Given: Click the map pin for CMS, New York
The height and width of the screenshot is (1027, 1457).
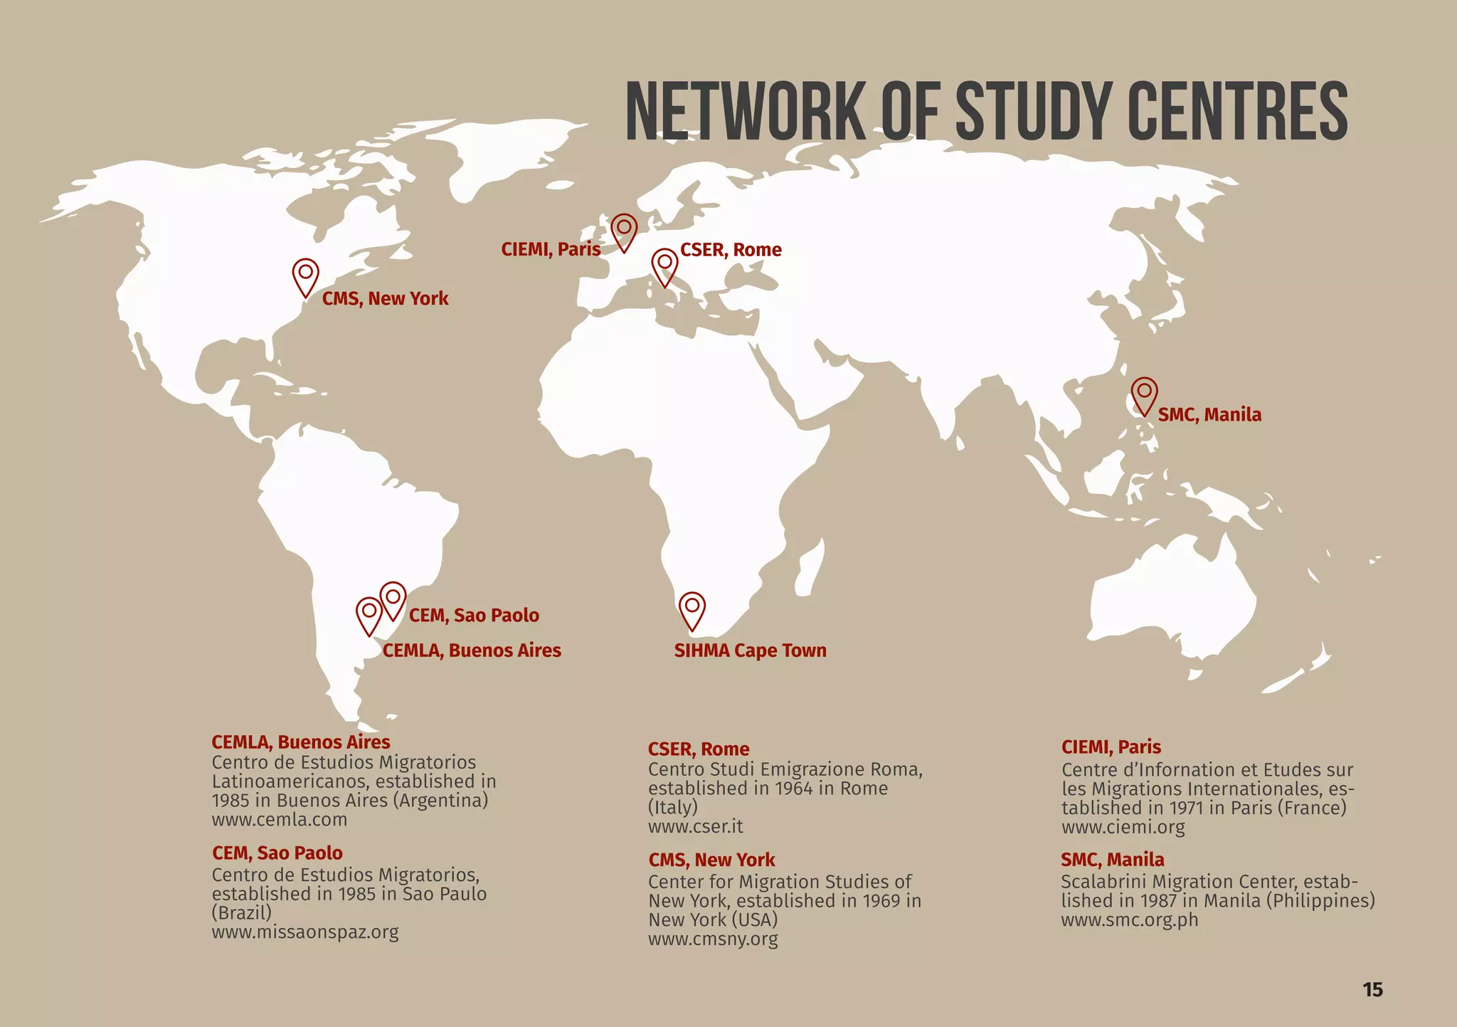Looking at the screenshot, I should click(306, 275).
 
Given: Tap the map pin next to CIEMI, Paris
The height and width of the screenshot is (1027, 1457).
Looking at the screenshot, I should click(624, 230).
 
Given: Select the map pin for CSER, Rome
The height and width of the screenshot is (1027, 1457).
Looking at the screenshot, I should click(664, 265).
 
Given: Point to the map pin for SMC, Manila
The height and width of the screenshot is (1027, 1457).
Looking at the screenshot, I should click(1144, 394).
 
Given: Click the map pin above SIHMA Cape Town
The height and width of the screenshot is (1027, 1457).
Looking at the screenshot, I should click(692, 609).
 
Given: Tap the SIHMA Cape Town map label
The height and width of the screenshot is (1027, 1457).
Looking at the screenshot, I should click(750, 651).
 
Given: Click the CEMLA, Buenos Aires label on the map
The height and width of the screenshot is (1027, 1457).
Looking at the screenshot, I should click(472, 651).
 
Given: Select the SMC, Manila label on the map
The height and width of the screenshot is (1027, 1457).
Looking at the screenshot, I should click(1209, 415).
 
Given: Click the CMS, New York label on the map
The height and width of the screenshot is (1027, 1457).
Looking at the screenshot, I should click(385, 299).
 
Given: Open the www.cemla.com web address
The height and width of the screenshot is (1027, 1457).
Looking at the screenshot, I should click(280, 819).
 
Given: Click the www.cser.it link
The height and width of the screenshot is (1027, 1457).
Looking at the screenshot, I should click(695, 826).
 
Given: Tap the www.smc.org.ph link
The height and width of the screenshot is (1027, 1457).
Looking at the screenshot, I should click(1130, 920).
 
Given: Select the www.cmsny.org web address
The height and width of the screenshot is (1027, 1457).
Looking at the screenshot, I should click(713, 939).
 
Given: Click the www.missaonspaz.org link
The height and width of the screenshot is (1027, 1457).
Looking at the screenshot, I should click(305, 932).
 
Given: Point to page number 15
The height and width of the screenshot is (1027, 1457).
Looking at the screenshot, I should click(1372, 989).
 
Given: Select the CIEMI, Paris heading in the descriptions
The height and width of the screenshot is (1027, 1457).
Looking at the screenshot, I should click(1111, 747).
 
